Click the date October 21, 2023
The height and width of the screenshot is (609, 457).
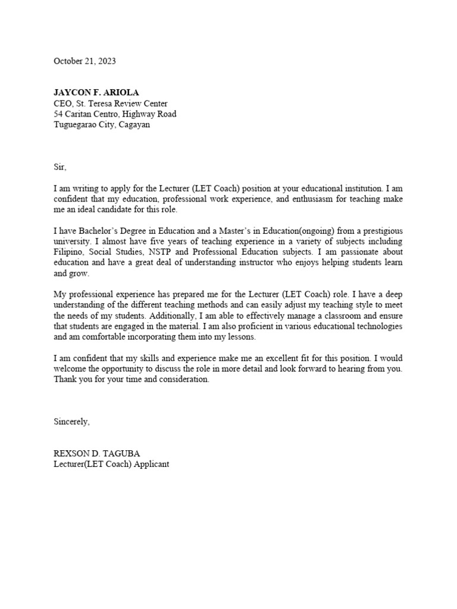pos(85,61)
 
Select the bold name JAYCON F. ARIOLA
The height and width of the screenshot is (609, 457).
pos(96,93)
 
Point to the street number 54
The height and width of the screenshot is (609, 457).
pos(59,114)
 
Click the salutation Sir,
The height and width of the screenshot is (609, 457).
pos(61,168)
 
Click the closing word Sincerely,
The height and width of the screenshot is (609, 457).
pos(72,422)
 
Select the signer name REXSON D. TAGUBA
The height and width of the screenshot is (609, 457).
pos(96,454)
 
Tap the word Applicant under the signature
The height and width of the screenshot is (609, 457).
pos(151,464)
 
